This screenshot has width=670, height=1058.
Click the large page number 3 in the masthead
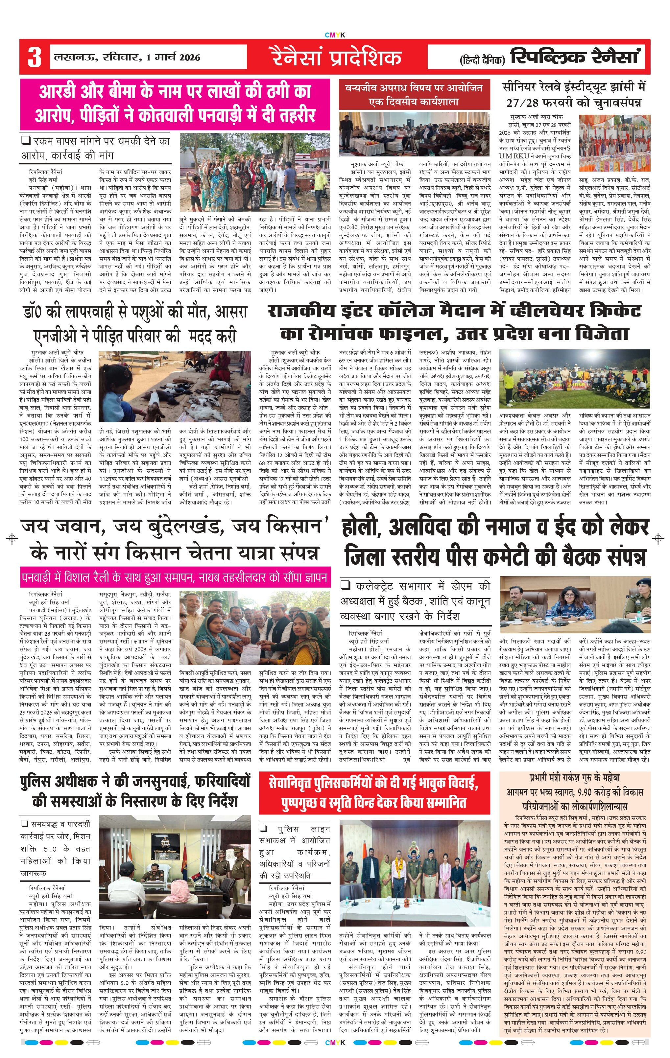pos(34,57)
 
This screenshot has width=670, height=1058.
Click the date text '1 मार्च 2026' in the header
pos(173,57)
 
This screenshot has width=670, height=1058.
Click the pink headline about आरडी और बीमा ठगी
pos(175,104)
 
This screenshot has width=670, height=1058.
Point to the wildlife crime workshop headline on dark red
pos(414,94)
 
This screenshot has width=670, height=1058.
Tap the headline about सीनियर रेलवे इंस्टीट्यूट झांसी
pos(574,94)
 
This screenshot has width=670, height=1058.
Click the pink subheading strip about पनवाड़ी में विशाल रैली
pos(175,577)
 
